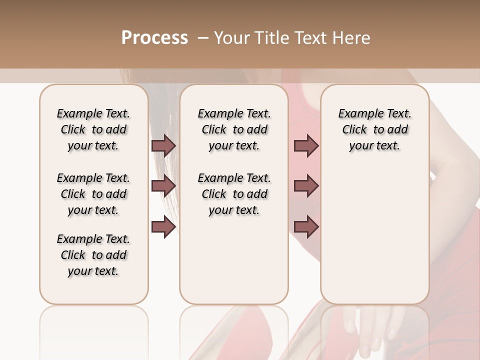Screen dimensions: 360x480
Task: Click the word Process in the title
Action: [x=154, y=37]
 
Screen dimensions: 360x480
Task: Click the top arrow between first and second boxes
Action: [x=163, y=145]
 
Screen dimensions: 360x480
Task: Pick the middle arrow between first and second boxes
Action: [x=163, y=186]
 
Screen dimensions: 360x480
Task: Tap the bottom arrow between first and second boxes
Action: [x=163, y=227]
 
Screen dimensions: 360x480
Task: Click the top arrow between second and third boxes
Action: [x=306, y=145]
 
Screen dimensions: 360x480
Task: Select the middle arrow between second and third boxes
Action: [x=306, y=186]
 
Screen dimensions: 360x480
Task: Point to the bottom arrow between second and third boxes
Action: [x=306, y=227]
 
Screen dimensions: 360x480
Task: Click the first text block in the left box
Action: [x=93, y=129]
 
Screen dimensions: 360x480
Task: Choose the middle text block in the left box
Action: [x=93, y=194]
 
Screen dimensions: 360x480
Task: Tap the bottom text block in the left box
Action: [x=93, y=255]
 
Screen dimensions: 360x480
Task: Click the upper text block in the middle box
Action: [x=234, y=129]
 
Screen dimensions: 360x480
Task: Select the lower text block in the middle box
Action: [x=234, y=194]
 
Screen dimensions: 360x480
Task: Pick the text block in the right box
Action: [x=374, y=129]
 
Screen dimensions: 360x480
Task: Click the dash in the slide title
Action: [x=202, y=37]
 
